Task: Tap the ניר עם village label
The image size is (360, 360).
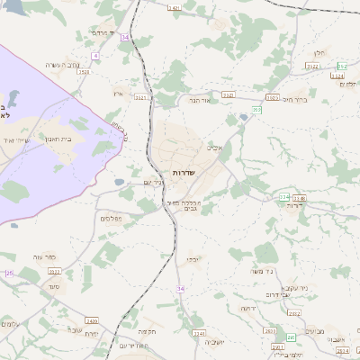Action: pos(154,183)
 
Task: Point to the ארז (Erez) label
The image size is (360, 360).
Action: pos(118,94)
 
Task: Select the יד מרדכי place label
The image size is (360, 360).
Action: pos(101,32)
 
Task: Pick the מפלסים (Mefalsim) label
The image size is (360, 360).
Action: pos(112,218)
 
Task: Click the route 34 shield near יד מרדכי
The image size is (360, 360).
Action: pos(124,37)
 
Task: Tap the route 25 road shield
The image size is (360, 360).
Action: pos(9,273)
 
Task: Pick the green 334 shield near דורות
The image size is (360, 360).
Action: pos(283,196)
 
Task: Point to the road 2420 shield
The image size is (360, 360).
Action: pos(92,320)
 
